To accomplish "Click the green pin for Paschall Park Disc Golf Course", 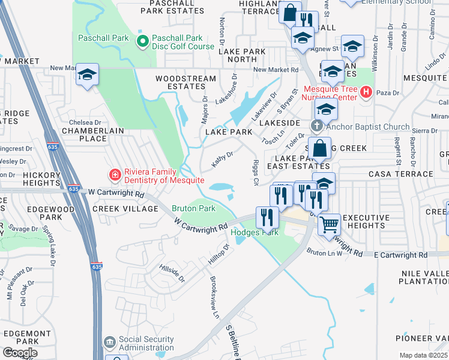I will tap(142, 41).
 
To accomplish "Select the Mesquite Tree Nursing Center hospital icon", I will tap(365, 92).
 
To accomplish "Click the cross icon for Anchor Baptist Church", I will tap(316, 126).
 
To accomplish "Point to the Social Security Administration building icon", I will tap(109, 343).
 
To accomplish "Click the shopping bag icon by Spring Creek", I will tap(321, 148).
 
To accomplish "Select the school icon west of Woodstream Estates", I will tap(88, 74).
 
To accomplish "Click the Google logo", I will tap(19, 352).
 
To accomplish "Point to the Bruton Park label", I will tap(193, 209).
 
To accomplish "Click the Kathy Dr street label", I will tap(222, 159).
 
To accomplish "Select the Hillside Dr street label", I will tap(172, 271).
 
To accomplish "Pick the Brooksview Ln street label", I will tap(214, 297).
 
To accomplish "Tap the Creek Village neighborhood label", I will tap(125, 209).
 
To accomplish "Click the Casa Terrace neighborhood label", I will tap(409, 173).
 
